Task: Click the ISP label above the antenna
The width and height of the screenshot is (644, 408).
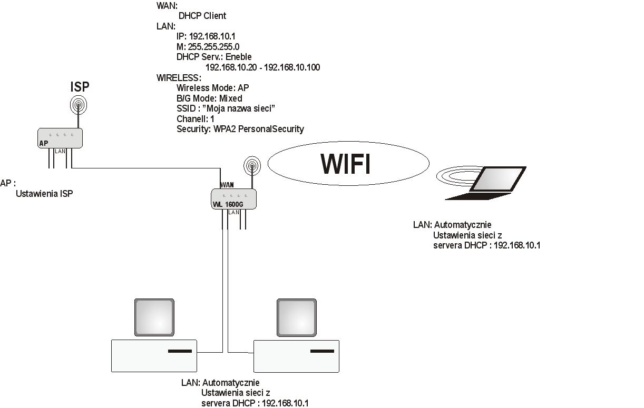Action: coord(80,87)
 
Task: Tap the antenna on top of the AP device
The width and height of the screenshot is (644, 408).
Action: coord(79,106)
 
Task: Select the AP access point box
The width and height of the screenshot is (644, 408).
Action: coord(60,138)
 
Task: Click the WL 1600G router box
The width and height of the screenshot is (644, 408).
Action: coord(233,200)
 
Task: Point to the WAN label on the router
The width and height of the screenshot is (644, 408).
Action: coord(227,185)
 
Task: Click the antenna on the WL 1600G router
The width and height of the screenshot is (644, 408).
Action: coord(252,166)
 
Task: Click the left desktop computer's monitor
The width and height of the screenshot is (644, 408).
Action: coord(154,317)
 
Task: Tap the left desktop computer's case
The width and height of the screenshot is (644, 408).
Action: coord(154,356)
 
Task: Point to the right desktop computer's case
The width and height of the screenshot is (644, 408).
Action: coord(296,356)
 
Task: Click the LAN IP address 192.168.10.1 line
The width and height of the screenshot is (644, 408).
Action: coord(206,36)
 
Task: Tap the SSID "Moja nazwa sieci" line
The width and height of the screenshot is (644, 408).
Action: coord(226,108)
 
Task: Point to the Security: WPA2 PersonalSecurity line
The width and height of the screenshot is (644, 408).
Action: coord(240,129)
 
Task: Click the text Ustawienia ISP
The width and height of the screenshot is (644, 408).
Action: coord(44,194)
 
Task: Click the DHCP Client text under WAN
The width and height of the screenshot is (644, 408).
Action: coord(202,16)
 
